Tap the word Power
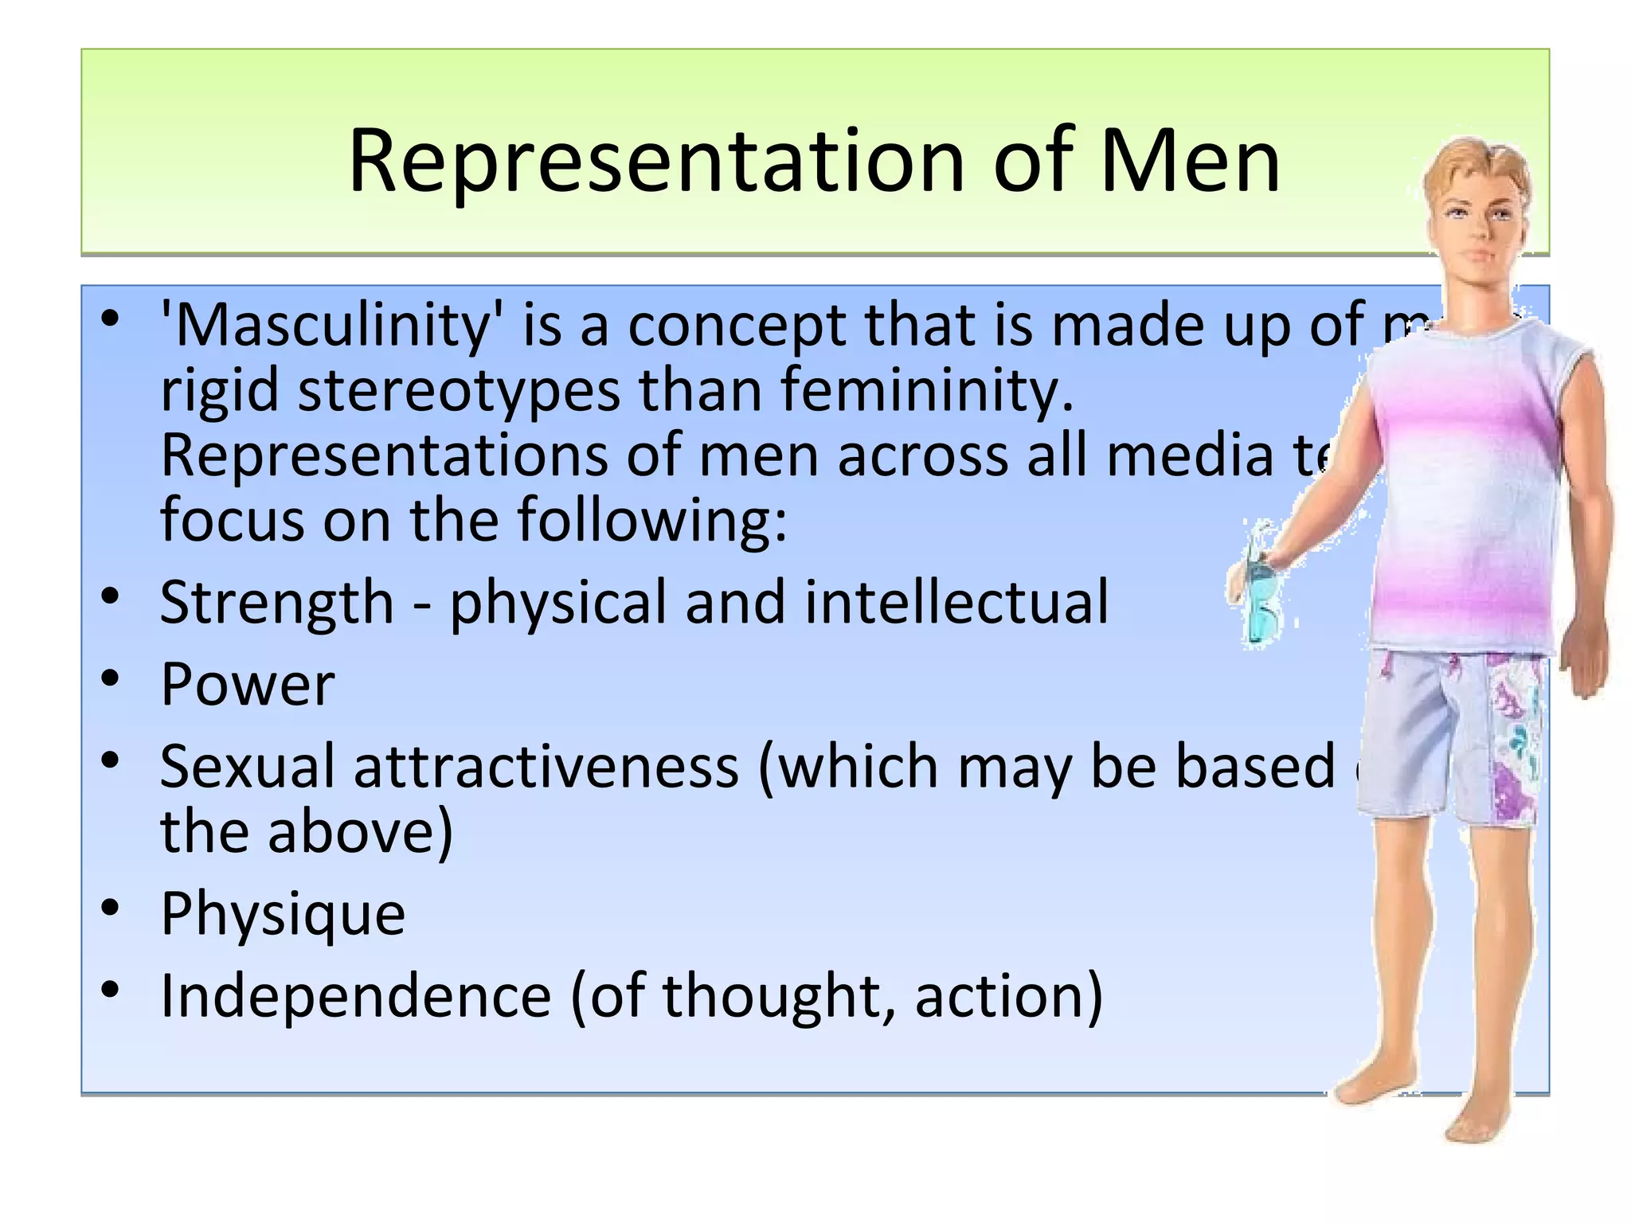click(248, 685)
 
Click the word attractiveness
click(546, 767)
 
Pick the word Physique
click(283, 914)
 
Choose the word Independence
click(355, 996)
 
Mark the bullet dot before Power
click(111, 679)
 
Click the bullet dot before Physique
click(111, 908)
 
